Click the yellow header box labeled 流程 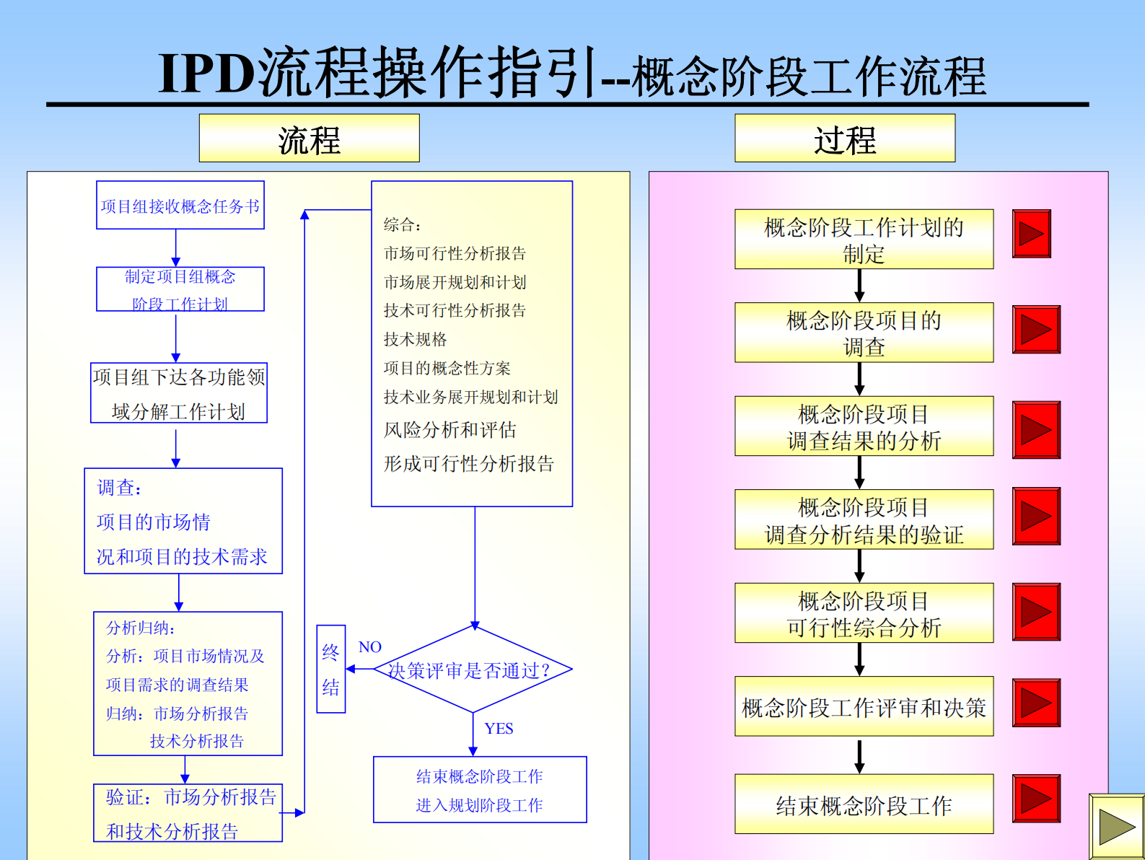coord(309,139)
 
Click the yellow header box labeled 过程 coord(844,139)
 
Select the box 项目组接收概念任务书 coord(180,206)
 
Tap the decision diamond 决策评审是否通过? coord(473,670)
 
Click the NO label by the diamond coord(369,647)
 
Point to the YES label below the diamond coord(499,729)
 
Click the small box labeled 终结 coord(331,670)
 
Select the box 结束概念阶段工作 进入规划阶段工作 coord(480,790)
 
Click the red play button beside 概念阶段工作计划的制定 coord(1031,234)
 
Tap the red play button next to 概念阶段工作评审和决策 coord(1036,703)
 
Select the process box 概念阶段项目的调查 coord(864,333)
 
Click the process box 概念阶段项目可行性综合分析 coord(864,613)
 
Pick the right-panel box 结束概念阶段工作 coord(864,804)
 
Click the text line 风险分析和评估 coord(450,430)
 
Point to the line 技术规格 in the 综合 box coord(415,339)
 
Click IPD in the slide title coord(206,74)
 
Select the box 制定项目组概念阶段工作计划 coord(180,289)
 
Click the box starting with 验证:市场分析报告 coord(188,813)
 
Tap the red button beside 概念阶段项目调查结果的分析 coord(1036,430)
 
